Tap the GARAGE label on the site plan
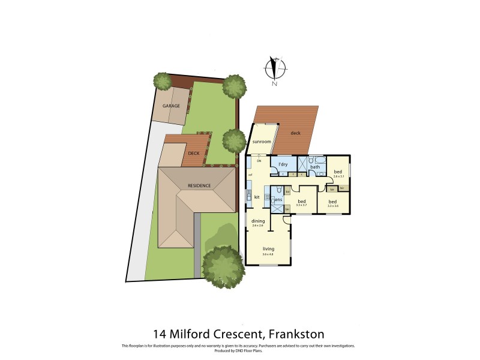(171, 106)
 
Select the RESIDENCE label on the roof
(199, 185)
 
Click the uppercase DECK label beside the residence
(193, 154)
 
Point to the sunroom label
(262, 142)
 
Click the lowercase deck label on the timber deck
(295, 133)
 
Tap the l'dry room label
(280, 164)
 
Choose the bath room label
(315, 167)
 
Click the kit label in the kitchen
(256, 197)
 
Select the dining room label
(258, 221)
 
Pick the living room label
(268, 248)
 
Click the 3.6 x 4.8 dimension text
(268, 254)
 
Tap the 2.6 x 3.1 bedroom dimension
(338, 176)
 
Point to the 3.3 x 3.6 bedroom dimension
(333, 206)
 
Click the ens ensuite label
(278, 200)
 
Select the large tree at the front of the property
(223, 265)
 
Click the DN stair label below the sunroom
(259, 161)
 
